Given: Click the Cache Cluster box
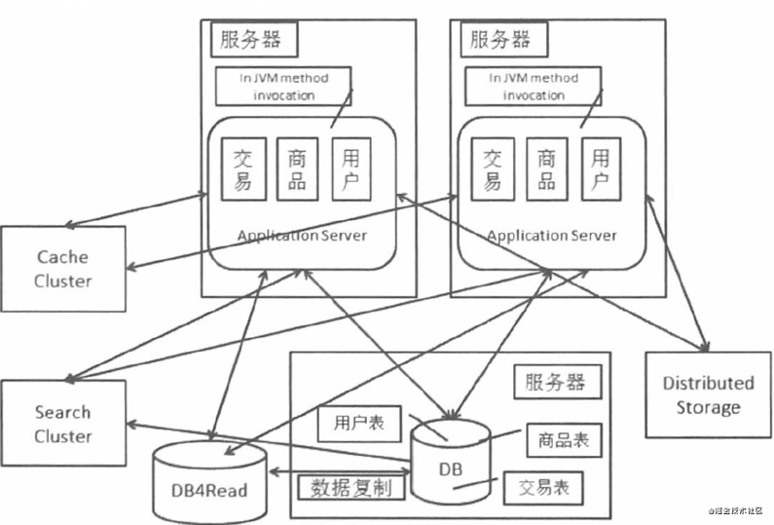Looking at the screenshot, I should pyautogui.click(x=63, y=269).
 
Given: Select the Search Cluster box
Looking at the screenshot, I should pyautogui.click(x=63, y=424).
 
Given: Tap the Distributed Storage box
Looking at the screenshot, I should pyautogui.click(x=708, y=394).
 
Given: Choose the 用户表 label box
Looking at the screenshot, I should pyautogui.click(x=351, y=423).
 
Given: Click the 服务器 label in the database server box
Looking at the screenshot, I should pyautogui.click(x=554, y=381).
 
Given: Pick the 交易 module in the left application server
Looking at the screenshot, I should pyautogui.click(x=242, y=169).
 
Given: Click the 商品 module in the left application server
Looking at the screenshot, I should pyautogui.click(x=298, y=169).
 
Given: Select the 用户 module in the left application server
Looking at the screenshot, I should pyautogui.click(x=351, y=169).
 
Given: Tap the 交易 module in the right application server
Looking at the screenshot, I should pyautogui.click(x=493, y=169).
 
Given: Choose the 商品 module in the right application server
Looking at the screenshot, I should pyautogui.click(x=546, y=169).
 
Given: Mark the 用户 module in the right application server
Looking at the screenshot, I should pyautogui.click(x=602, y=169).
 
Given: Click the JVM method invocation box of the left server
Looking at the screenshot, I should pyautogui.click(x=283, y=86).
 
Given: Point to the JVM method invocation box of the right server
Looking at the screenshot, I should pyautogui.click(x=534, y=86).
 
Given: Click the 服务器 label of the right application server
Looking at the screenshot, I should pyautogui.click(x=500, y=39).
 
